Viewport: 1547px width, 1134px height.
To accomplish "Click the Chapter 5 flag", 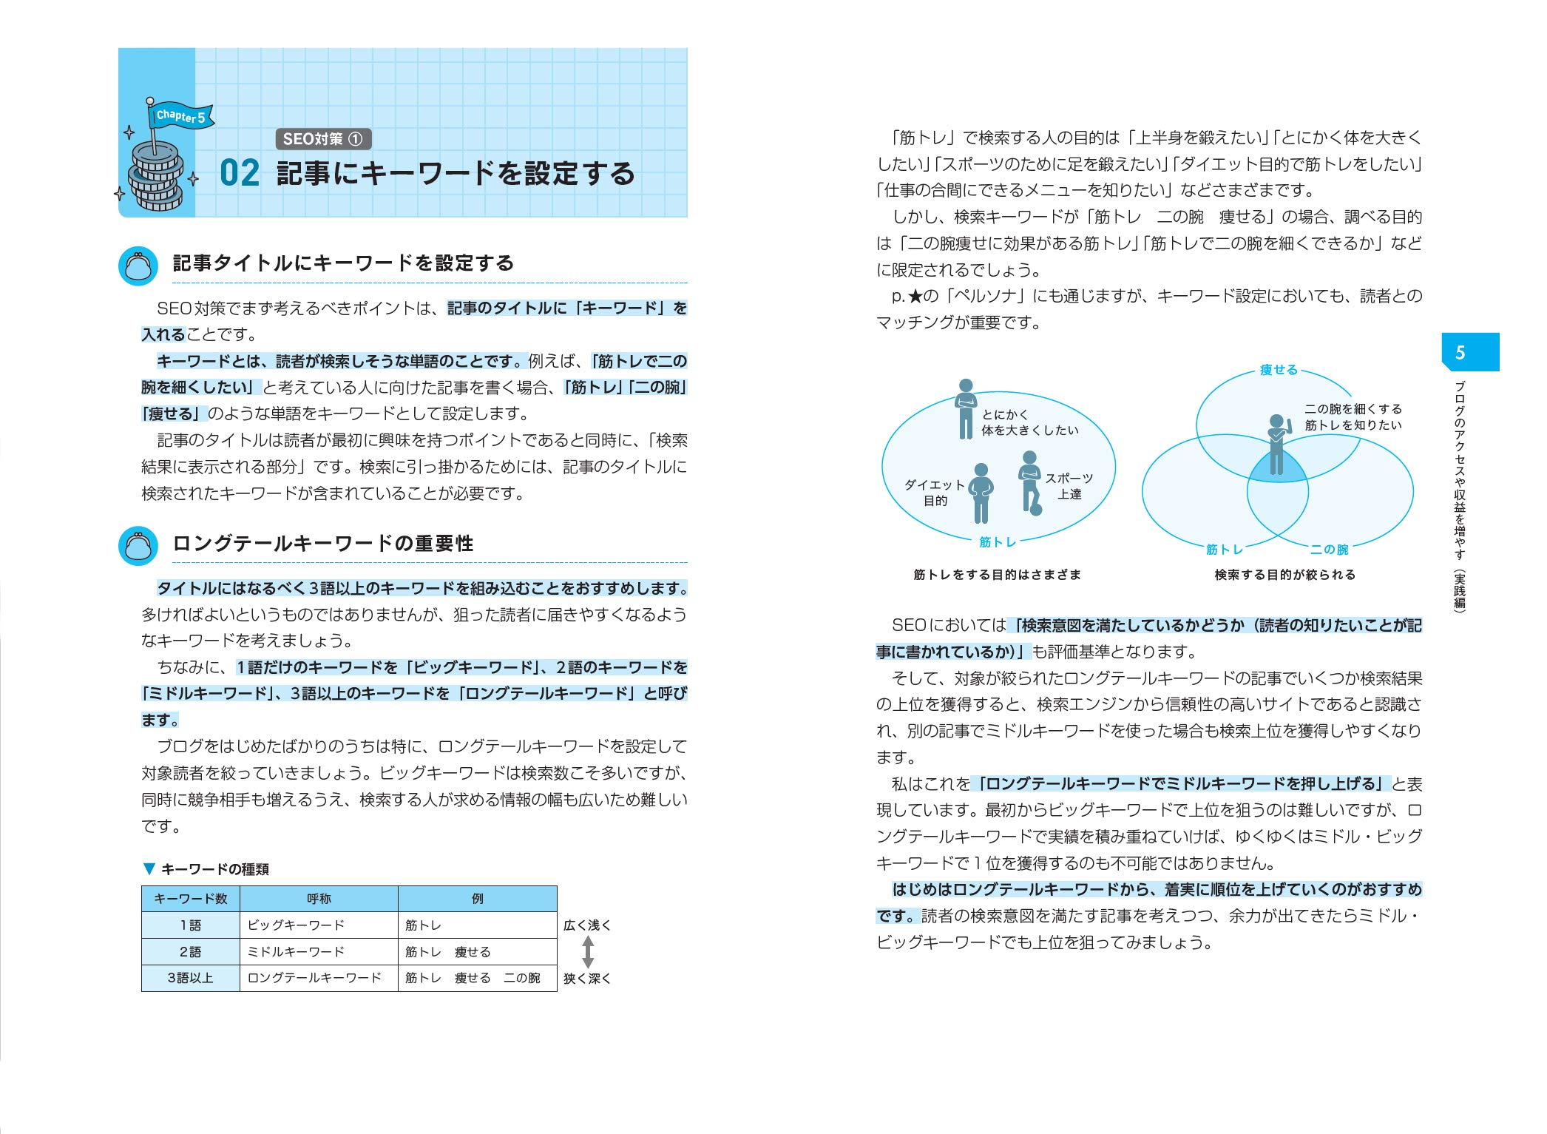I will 181,117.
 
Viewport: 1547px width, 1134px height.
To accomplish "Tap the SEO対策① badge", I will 323,139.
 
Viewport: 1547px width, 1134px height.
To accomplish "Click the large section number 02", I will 240,174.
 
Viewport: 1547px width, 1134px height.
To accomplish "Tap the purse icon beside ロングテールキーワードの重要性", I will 138,546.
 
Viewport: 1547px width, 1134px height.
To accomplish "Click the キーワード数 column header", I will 191,899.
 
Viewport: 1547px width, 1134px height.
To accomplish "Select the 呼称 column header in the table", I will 319,899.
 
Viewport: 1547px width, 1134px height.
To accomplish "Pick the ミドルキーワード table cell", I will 296,952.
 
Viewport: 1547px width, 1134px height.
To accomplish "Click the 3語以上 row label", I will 191,978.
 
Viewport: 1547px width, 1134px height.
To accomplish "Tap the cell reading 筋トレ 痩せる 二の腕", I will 473,978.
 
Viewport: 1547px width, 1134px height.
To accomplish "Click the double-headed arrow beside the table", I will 588,952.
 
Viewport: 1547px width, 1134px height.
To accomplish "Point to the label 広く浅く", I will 588,925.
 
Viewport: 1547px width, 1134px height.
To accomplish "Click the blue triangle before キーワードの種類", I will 149,869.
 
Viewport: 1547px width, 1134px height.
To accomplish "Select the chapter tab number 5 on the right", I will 1460,353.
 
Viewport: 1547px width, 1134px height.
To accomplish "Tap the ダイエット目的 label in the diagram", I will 935,493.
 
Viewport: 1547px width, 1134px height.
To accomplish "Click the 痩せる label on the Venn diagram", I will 1279,370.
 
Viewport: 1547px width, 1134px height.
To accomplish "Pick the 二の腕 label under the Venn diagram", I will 1329,550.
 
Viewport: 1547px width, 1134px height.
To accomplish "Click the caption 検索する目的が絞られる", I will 1284,575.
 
